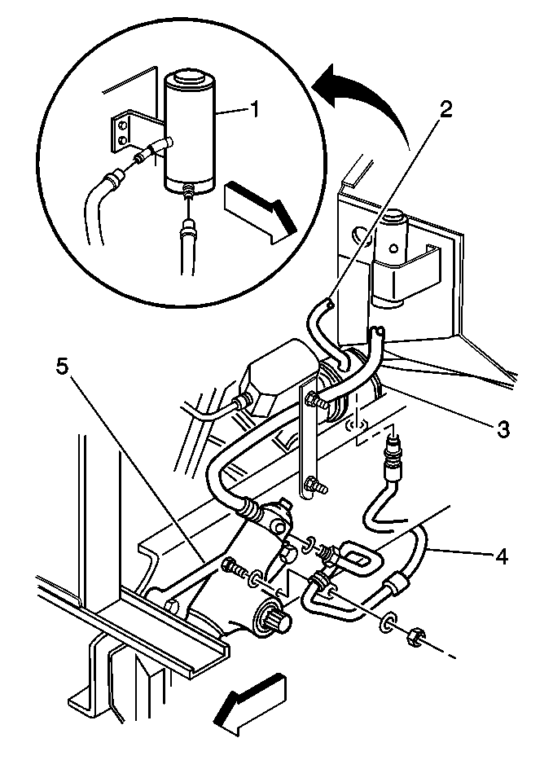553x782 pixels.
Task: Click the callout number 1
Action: coord(254,109)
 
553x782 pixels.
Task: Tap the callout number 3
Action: coord(503,428)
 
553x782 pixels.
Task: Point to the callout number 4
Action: coord(501,556)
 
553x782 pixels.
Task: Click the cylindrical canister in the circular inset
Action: coord(190,132)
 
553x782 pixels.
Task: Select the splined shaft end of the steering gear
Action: coord(272,617)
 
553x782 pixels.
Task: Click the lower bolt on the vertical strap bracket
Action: coord(315,484)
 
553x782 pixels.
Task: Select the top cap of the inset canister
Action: coord(190,80)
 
